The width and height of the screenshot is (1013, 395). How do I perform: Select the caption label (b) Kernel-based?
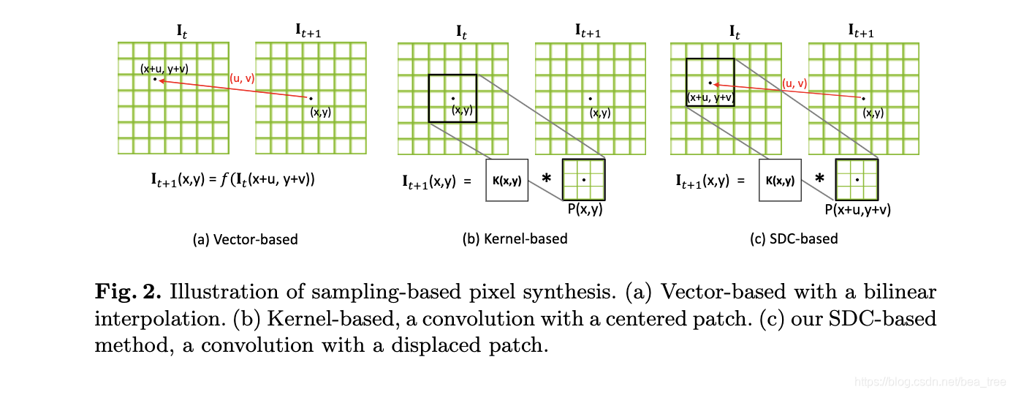[515, 238]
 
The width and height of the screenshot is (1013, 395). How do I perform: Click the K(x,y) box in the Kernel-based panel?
[506, 179]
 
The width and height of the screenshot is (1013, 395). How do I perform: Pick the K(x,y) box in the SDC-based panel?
[781, 179]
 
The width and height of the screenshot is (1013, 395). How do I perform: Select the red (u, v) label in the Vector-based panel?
[242, 78]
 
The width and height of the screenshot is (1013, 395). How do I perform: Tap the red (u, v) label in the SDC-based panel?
[794, 83]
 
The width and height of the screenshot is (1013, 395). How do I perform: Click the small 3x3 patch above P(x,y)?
[583, 179]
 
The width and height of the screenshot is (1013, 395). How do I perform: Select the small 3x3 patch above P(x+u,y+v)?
[857, 179]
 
